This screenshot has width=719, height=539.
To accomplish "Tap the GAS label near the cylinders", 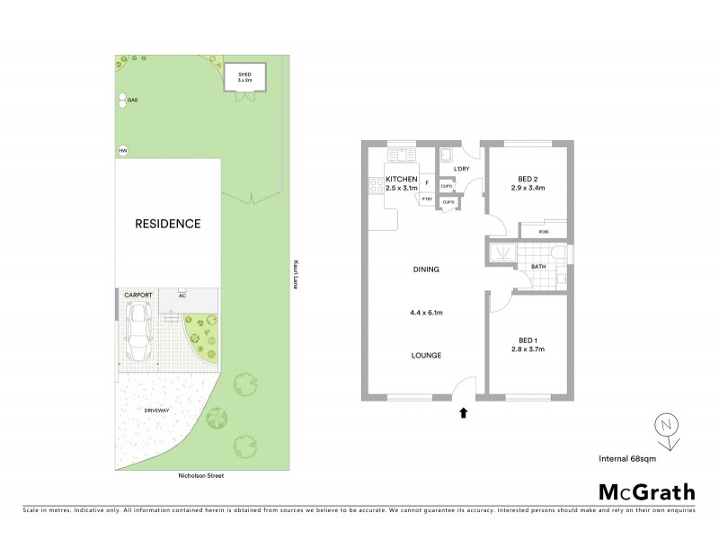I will click(x=132, y=100).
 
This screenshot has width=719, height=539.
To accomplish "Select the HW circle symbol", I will click(x=122, y=151).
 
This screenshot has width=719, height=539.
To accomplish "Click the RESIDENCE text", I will click(x=167, y=224).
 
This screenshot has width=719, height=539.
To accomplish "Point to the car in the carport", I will click(x=139, y=331).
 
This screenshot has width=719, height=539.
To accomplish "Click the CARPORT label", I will click(x=138, y=295).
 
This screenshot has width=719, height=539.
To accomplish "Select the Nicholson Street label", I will click(x=200, y=475).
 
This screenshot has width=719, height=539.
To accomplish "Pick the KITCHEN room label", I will click(x=401, y=179).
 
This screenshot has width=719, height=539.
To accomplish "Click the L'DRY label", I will click(x=462, y=169).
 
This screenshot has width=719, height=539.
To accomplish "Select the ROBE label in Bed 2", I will click(x=545, y=232).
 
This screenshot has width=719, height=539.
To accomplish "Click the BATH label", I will click(x=538, y=267).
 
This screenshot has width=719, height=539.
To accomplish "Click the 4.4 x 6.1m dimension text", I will click(x=426, y=314).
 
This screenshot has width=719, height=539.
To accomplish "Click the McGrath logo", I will click(x=646, y=491).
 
